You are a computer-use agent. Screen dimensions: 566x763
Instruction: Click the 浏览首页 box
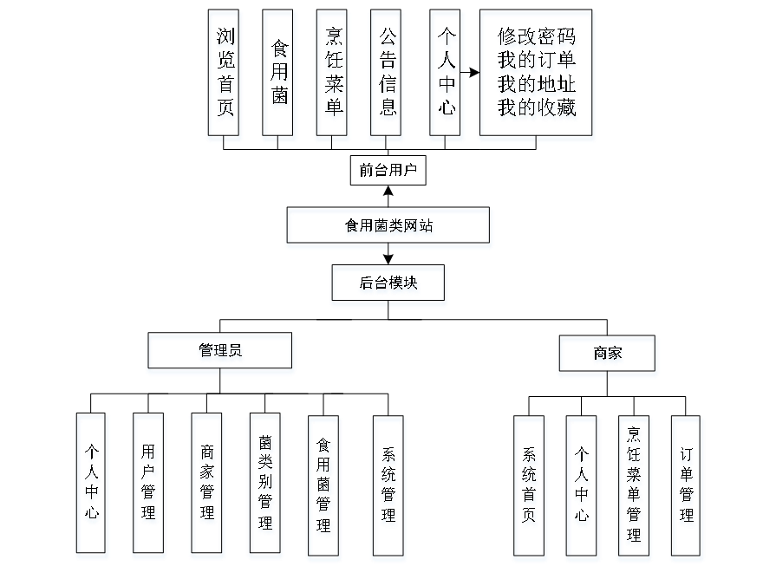[225, 75]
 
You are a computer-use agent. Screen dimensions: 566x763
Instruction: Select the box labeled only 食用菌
[279, 75]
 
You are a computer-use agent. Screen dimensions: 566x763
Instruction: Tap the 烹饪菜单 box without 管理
[333, 75]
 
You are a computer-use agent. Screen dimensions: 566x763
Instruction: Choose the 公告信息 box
[387, 75]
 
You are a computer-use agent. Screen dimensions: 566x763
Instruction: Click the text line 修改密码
[538, 39]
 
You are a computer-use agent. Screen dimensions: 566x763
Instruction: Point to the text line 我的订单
[538, 62]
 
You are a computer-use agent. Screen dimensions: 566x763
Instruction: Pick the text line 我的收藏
[538, 109]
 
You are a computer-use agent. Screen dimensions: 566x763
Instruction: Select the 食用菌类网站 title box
[389, 228]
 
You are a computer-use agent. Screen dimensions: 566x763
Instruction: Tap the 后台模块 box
[388, 285]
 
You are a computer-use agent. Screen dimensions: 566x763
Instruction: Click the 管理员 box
[220, 354]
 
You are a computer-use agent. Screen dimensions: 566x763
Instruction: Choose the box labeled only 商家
[608, 356]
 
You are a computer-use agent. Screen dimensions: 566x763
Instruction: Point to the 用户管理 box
[149, 485]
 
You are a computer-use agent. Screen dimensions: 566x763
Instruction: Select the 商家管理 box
[207, 485]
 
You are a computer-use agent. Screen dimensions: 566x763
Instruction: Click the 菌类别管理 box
[265, 485]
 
